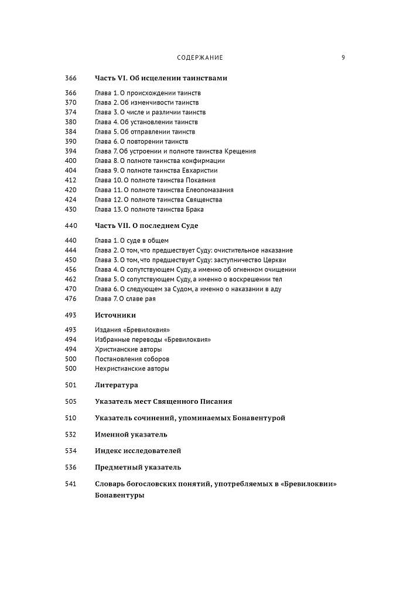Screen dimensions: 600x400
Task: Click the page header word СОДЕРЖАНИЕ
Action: [x=200, y=58]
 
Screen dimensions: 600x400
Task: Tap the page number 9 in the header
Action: [x=343, y=58]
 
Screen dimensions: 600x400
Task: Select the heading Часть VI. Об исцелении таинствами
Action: [x=161, y=78]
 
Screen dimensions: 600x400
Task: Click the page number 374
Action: [x=71, y=112]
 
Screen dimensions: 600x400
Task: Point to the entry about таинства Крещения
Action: [x=175, y=151]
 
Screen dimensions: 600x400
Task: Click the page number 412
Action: [x=71, y=180]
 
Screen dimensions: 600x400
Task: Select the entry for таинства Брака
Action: [x=149, y=209]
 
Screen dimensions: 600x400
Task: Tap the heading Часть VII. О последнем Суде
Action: [x=146, y=226]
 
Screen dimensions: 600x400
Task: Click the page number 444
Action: [x=71, y=250]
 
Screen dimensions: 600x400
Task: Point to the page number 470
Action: [x=71, y=289]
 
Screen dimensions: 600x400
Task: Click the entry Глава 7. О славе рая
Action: [x=125, y=299]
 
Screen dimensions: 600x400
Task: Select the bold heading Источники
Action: [x=115, y=315]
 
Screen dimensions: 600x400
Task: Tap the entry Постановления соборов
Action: [x=132, y=359]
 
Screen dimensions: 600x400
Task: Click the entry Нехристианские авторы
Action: [x=132, y=369]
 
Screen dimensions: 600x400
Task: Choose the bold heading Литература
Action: [x=117, y=385]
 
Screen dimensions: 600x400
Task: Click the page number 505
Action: [x=71, y=401]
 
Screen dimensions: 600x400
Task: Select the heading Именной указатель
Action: [x=131, y=434]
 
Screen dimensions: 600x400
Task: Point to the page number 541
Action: [x=71, y=483]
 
